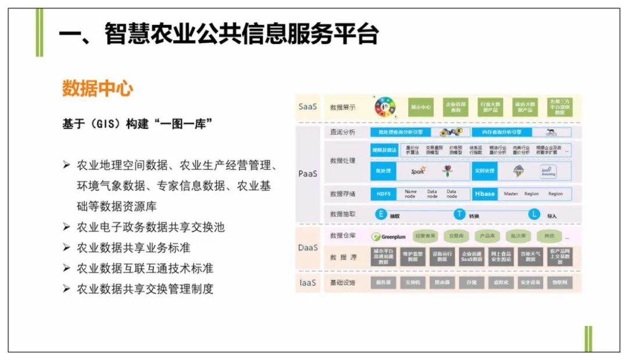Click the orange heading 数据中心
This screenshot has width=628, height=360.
98,89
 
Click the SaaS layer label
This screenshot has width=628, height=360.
308,107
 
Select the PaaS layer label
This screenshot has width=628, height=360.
308,174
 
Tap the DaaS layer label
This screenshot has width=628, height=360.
308,247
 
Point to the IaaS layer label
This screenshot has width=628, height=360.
308,283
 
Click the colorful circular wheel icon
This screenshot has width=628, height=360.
385,107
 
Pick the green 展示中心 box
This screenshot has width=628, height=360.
421,107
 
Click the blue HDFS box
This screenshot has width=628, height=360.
383,194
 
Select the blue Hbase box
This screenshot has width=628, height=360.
484,194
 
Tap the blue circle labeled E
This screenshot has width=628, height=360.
381,214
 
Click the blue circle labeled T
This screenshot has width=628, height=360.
459,214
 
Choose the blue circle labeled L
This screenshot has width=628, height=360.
534,214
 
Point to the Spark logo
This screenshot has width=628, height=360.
418,171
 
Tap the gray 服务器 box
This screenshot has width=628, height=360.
383,283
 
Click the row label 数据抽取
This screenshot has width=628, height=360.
342,214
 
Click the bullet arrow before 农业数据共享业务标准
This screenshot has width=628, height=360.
67,248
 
